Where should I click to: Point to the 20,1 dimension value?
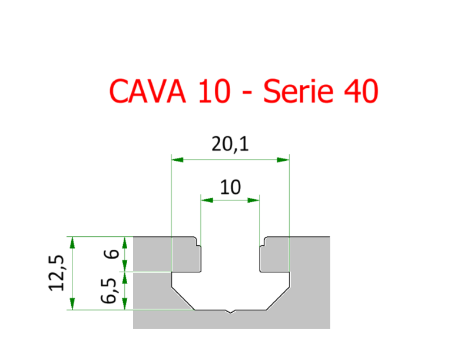point(230,144)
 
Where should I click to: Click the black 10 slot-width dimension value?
point(230,187)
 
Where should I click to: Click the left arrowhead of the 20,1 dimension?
point(175,159)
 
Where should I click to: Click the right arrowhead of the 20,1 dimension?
point(285,159)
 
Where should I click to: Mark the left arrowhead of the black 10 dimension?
point(205,200)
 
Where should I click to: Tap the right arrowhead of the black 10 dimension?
point(254,200)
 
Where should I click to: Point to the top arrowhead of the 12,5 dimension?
point(72,241)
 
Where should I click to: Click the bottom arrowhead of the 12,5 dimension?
point(72,305)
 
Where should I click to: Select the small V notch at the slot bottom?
point(230,311)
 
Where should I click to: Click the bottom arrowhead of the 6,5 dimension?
point(125,305)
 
